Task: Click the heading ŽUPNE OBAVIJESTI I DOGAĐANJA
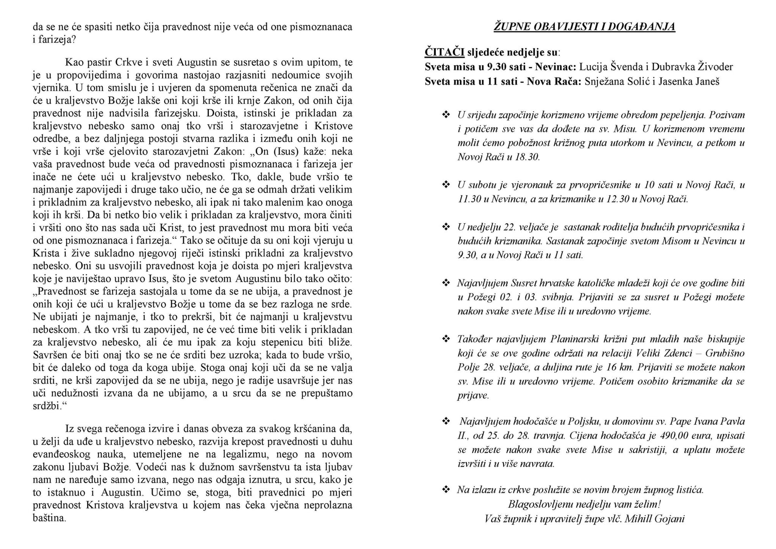pyautogui.click(x=584, y=27)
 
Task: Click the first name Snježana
pyautogui.click(x=603, y=82)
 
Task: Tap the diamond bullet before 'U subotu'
pyautogui.click(x=446, y=185)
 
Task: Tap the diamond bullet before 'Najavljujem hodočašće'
pyautogui.click(x=446, y=421)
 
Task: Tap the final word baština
pyautogui.click(x=49, y=518)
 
